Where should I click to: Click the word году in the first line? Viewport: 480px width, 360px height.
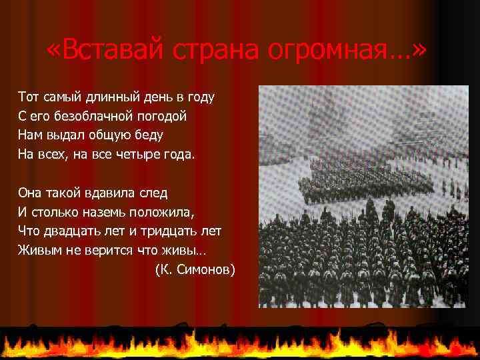click(x=199, y=97)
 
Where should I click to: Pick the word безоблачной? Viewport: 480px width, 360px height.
click(x=88, y=116)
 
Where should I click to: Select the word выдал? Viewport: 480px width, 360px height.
click(x=69, y=135)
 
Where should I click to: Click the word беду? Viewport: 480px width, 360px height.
click(x=147, y=135)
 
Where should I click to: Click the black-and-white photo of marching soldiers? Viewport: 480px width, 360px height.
click(x=363, y=197)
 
